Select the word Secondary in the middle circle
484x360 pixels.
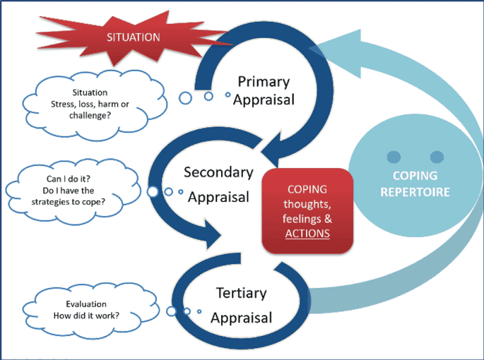tap(218, 172)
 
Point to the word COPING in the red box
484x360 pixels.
tap(307, 189)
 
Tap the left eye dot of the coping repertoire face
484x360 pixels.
tap(394, 156)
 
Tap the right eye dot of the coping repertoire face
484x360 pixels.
tap(436, 156)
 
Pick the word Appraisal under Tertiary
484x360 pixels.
tap(242, 317)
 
